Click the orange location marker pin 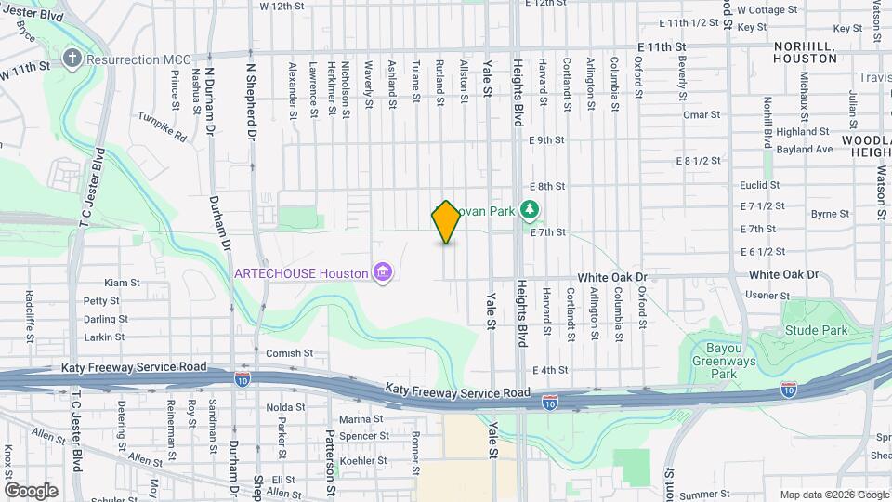tap(446, 222)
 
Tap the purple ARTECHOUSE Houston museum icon tap(382, 272)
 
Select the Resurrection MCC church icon tap(72, 59)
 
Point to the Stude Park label tap(816, 330)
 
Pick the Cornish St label tap(284, 353)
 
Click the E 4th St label tap(550, 370)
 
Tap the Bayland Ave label tap(804, 149)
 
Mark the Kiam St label tap(122, 283)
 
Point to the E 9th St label tap(546, 140)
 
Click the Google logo tap(31, 490)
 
